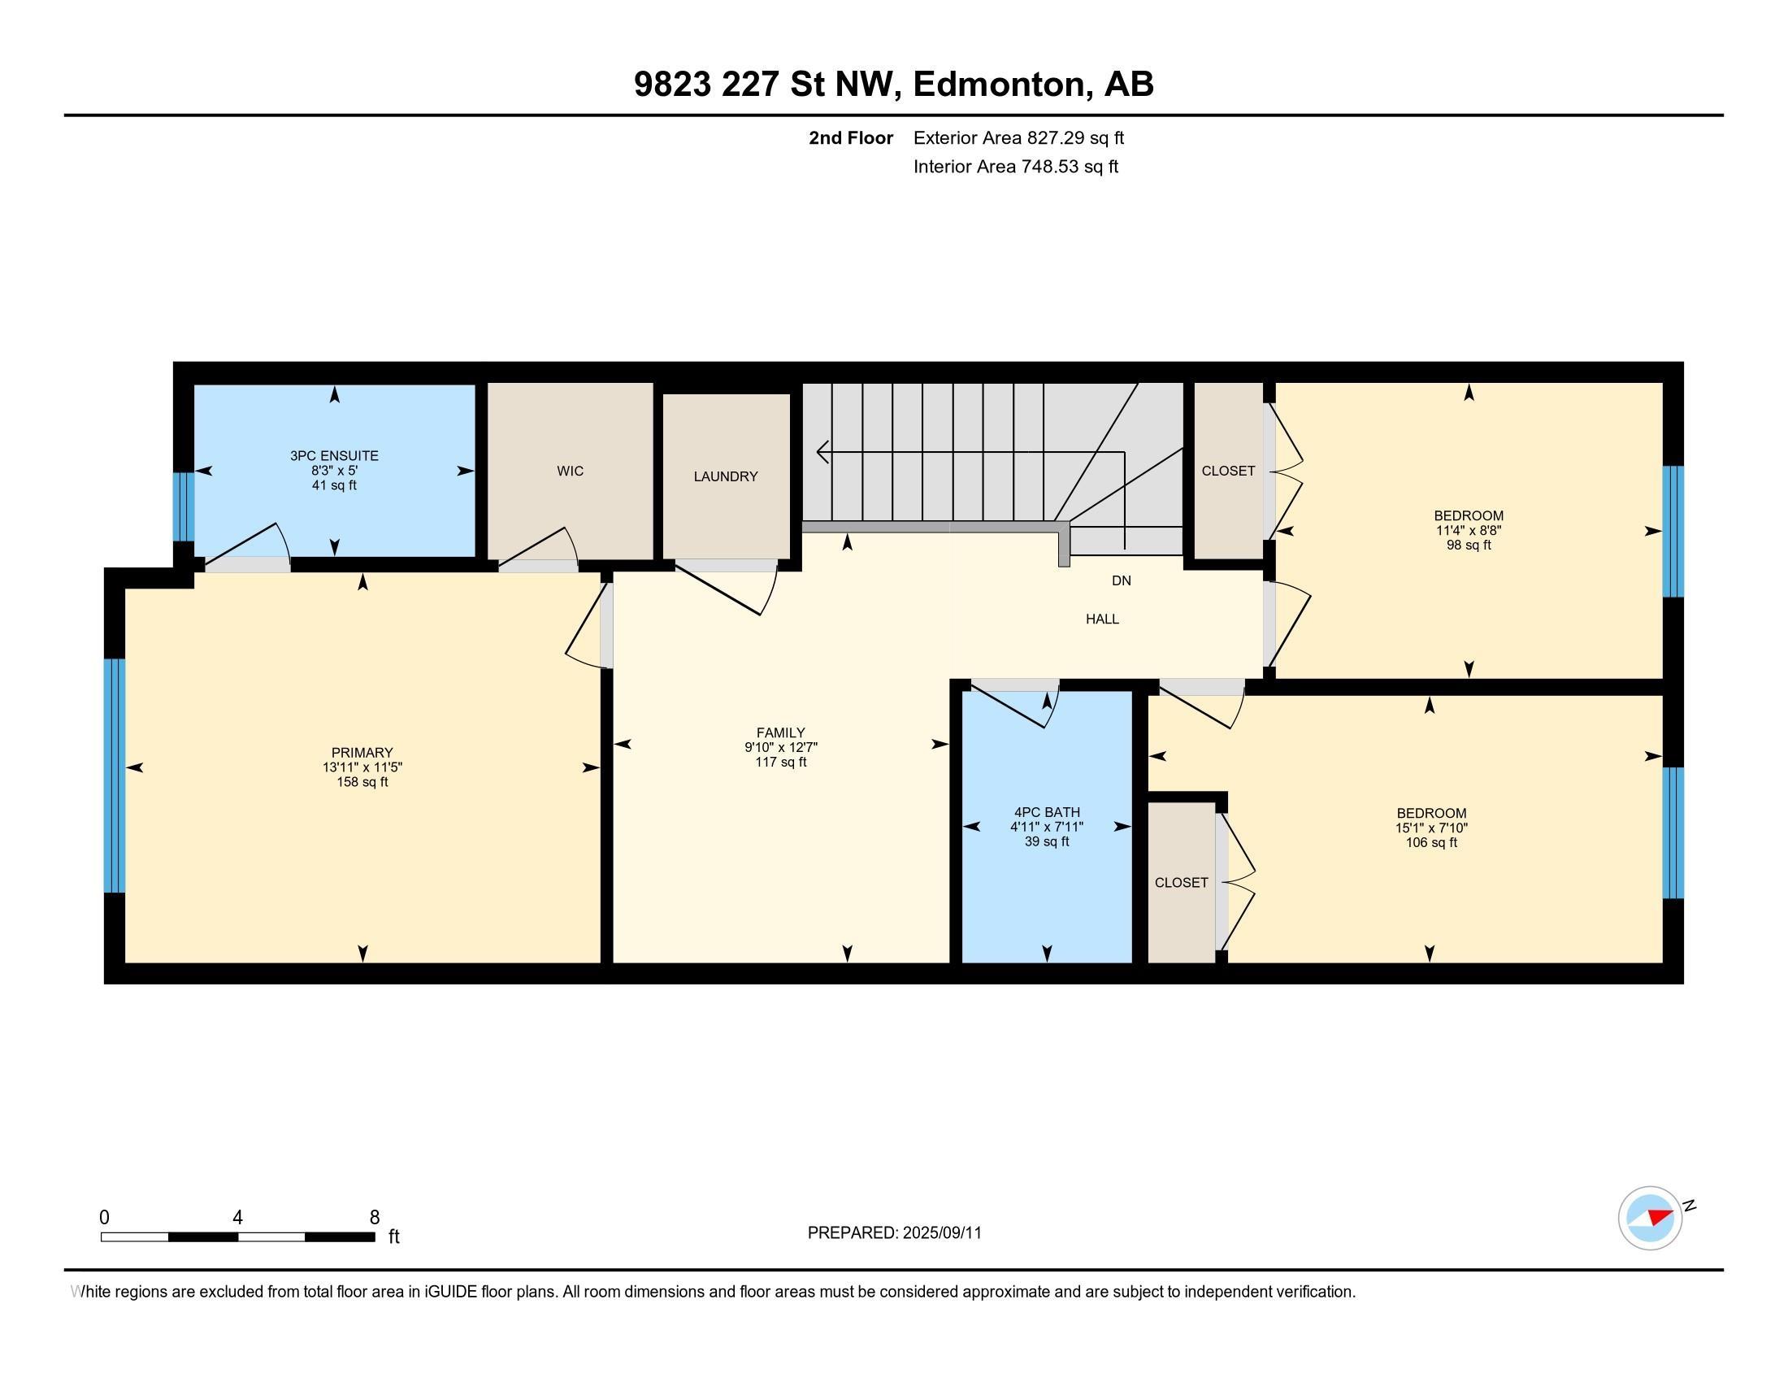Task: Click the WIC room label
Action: click(570, 471)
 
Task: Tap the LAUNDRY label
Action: click(725, 476)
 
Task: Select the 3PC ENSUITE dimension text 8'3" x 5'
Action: click(333, 471)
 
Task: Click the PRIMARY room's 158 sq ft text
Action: click(362, 782)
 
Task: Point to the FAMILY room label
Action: click(780, 732)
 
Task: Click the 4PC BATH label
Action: click(1046, 812)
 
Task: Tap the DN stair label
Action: click(1121, 580)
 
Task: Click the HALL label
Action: click(1102, 619)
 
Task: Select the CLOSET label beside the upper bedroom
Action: click(1227, 471)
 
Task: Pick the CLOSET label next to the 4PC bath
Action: click(1181, 883)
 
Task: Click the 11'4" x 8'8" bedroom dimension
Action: click(1468, 531)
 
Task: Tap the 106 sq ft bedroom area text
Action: click(1430, 842)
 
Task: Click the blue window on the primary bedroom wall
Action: click(115, 775)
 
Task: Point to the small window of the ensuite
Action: click(184, 506)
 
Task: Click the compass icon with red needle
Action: click(1650, 1218)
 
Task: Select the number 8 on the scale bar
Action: click(374, 1217)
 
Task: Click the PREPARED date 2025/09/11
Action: click(940, 1233)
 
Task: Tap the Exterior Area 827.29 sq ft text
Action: click(1018, 138)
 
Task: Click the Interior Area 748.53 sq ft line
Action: click(1015, 167)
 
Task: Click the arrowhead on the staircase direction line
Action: click(822, 451)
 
